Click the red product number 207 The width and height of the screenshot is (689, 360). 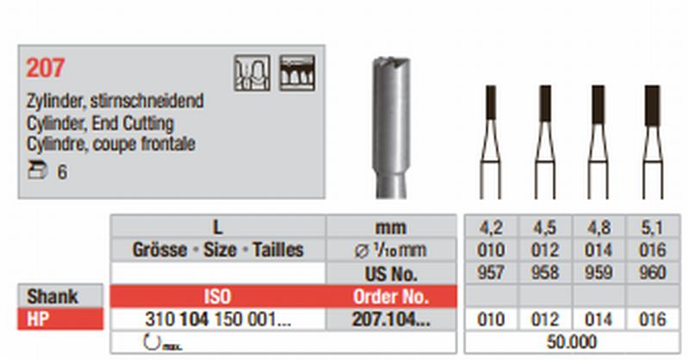tap(45, 68)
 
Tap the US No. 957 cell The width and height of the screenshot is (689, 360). tap(490, 272)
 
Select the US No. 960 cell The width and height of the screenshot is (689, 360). tap(653, 272)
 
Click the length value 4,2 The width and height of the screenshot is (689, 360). tap(490, 227)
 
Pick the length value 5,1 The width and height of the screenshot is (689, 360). tap(652, 227)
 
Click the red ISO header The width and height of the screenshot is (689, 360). tap(218, 297)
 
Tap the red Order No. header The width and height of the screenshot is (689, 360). tap(391, 297)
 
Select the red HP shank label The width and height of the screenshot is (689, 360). tap(60, 320)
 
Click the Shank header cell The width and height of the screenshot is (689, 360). tap(60, 295)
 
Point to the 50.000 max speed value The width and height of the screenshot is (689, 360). tap(572, 342)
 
